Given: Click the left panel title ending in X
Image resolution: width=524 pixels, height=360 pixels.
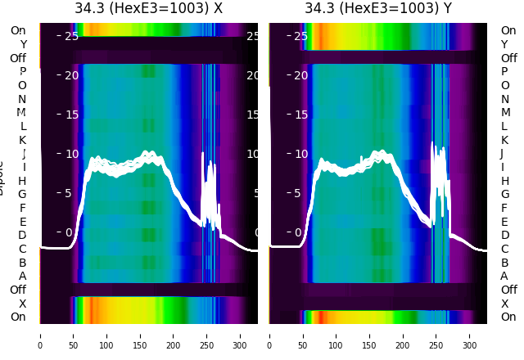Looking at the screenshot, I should [x=148, y=9].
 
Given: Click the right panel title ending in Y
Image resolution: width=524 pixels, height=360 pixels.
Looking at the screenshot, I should [x=378, y=9].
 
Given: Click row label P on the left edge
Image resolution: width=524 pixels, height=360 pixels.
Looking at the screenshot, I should [x=22, y=71].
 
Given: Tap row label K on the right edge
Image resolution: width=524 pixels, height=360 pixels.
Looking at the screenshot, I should [x=505, y=140].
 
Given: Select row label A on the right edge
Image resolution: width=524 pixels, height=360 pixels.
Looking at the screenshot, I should [x=505, y=276].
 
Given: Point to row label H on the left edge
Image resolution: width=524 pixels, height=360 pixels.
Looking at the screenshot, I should [x=22, y=181].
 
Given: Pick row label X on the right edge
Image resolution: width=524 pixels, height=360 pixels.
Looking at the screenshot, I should [x=505, y=304].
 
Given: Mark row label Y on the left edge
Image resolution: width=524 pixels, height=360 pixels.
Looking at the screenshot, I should [x=22, y=44].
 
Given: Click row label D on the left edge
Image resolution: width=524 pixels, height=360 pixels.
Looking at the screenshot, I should [x=22, y=235].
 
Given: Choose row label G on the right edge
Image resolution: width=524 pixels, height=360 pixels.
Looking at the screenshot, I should [x=505, y=194].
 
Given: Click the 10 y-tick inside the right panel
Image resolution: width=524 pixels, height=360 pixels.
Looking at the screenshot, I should [x=300, y=154].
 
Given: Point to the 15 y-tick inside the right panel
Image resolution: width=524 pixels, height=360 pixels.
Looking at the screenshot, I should [x=300, y=115].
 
